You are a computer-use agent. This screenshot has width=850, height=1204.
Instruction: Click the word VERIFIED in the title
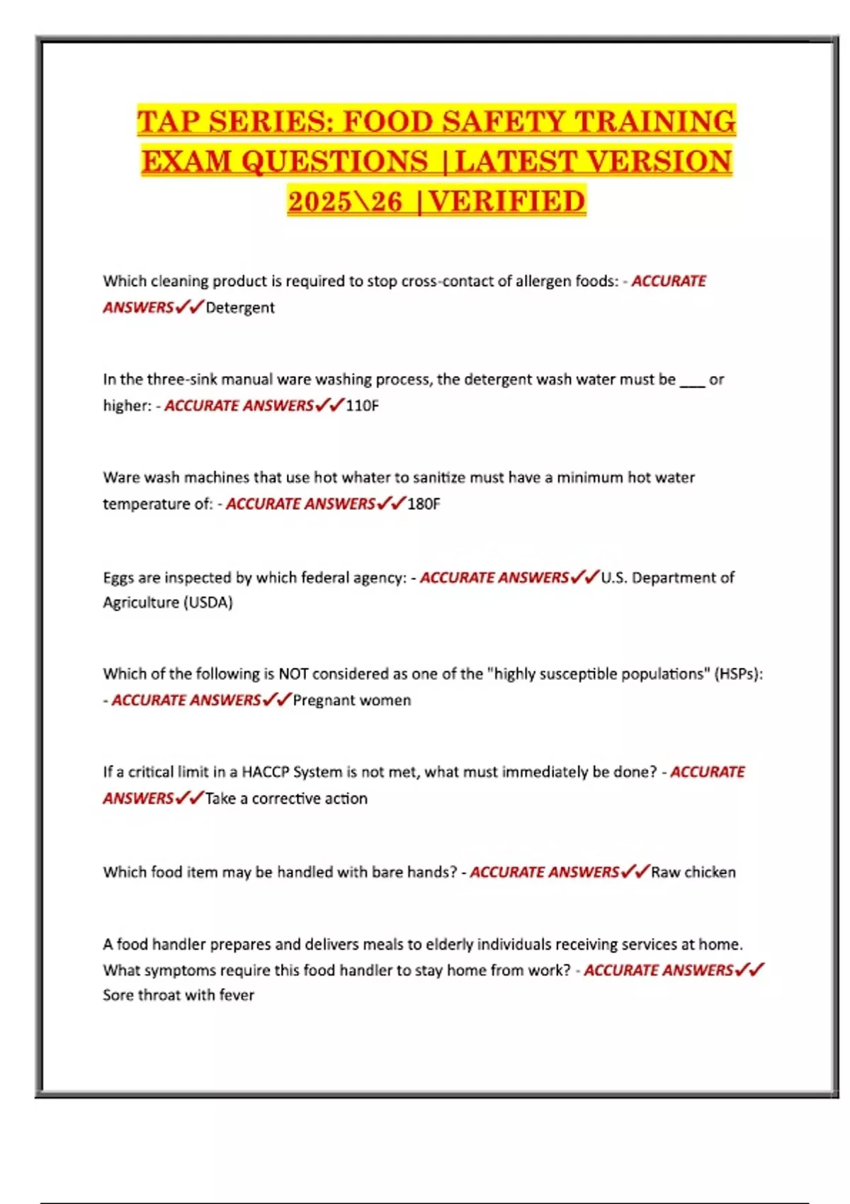click(x=507, y=202)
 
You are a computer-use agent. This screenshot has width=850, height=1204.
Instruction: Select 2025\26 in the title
click(x=345, y=202)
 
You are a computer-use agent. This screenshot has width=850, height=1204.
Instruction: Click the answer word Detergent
click(x=240, y=308)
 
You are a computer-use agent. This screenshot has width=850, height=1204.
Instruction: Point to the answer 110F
click(x=362, y=406)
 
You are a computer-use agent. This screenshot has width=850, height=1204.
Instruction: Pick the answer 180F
click(x=424, y=504)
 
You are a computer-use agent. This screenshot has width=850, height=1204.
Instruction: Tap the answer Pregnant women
click(x=352, y=700)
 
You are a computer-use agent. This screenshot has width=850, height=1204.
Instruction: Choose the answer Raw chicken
click(x=693, y=873)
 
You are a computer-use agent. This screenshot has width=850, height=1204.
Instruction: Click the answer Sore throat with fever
click(x=178, y=995)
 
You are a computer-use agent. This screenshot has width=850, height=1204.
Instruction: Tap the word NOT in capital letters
click(x=293, y=674)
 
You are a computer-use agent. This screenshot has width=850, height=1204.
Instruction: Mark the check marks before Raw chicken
click(x=635, y=872)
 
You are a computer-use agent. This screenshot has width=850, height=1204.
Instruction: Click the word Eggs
click(x=118, y=578)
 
